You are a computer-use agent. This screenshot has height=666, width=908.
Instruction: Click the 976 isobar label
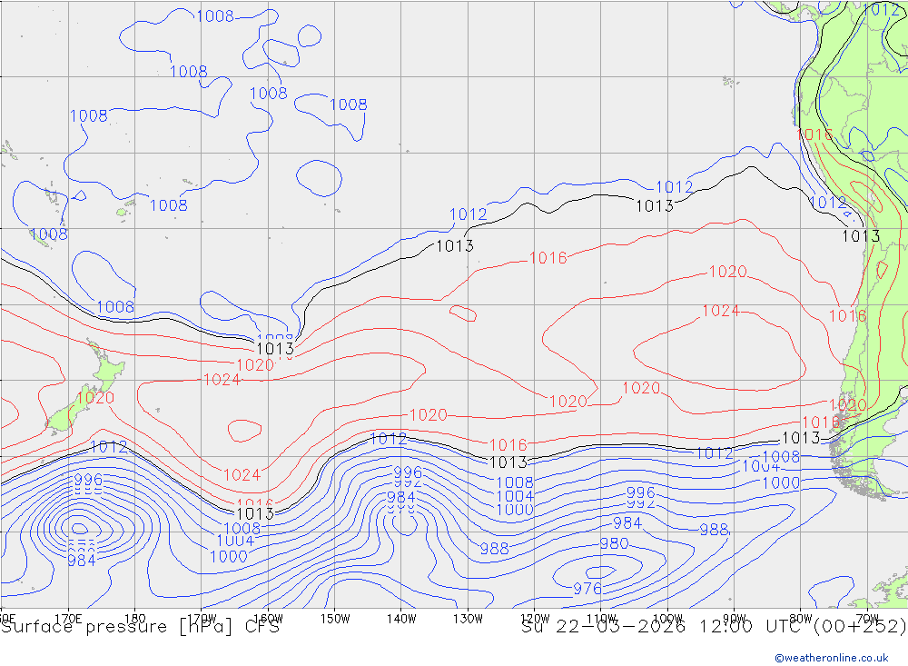coord(587,589)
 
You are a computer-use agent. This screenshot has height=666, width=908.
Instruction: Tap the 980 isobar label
coord(614,543)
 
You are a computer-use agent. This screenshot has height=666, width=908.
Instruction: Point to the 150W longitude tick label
coord(335,619)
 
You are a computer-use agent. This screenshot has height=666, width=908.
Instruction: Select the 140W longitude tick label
coord(400,619)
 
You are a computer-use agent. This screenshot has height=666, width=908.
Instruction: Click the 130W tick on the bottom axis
coord(468,619)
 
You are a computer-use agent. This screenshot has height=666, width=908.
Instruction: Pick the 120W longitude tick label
coord(535,619)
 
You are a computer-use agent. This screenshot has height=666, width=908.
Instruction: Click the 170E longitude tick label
coord(68,619)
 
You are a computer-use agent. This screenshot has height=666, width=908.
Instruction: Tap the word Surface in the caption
coord(35,627)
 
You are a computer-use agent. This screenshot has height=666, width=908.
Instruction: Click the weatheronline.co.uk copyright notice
coord(839,657)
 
